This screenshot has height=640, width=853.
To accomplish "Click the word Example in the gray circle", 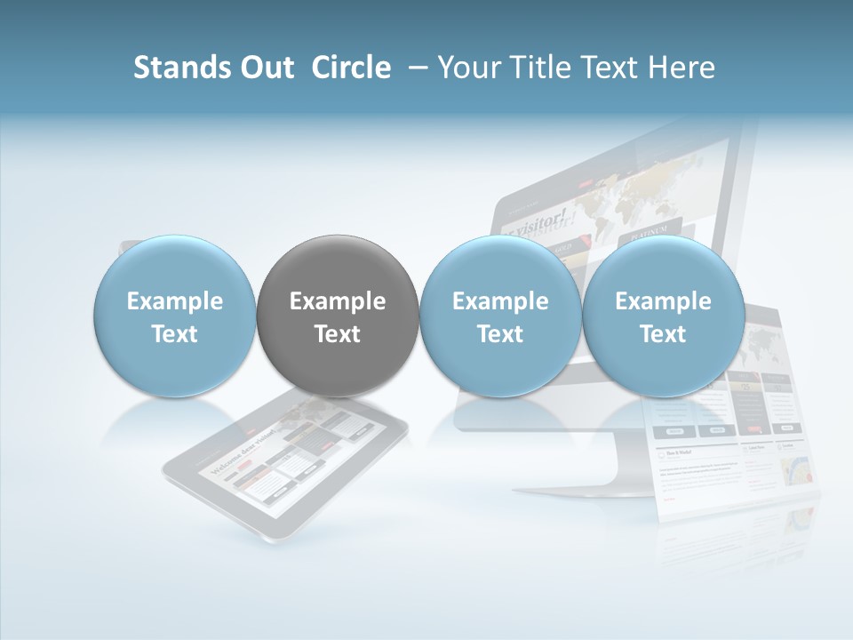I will (x=338, y=301).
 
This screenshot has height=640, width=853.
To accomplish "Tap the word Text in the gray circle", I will (x=338, y=334).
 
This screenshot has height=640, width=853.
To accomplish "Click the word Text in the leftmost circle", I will (x=174, y=334).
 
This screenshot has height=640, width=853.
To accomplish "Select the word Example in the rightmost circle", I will (x=663, y=301).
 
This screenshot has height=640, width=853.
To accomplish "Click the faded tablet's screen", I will (x=284, y=462).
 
